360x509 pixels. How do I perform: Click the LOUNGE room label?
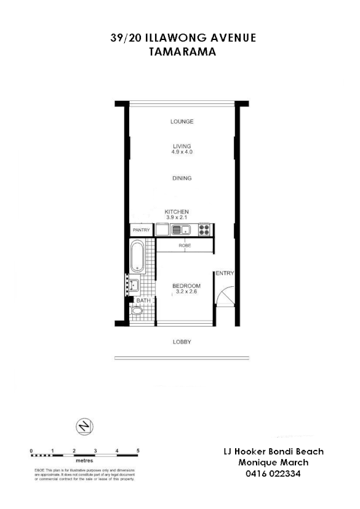click(x=182, y=122)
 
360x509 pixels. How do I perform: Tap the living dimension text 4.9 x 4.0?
click(x=182, y=151)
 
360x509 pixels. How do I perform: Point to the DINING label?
click(x=182, y=178)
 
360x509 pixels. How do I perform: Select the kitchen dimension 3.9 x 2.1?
click(x=177, y=217)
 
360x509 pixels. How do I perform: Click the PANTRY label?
click(x=142, y=230)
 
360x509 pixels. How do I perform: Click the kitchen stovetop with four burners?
click(x=205, y=230)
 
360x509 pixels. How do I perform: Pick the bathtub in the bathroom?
click(x=137, y=257)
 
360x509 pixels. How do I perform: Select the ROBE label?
click(x=185, y=246)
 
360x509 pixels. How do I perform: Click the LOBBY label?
click(x=182, y=342)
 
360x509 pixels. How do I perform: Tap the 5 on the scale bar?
click(x=138, y=451)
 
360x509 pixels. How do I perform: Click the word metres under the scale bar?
click(x=84, y=460)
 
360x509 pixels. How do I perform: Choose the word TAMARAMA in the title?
click(x=182, y=52)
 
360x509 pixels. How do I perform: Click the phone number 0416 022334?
click(x=273, y=474)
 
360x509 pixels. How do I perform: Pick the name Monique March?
click(x=273, y=463)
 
